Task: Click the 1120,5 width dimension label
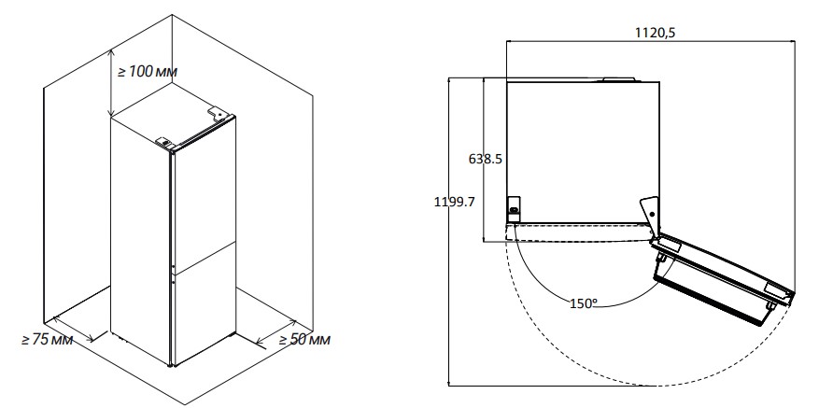[x=655, y=33]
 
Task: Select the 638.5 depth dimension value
[x=486, y=159]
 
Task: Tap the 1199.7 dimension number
[x=455, y=202]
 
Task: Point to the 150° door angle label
[x=584, y=303]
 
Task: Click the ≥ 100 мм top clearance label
[x=147, y=72]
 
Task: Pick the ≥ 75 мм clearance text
[x=47, y=340]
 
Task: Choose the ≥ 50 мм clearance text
[x=304, y=340]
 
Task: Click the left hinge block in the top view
[x=514, y=206]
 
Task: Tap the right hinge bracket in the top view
[x=650, y=213]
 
